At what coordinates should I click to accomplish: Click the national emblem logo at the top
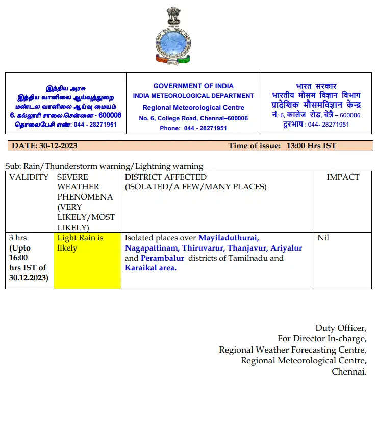point(172,36)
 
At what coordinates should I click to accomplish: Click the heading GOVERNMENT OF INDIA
point(193,86)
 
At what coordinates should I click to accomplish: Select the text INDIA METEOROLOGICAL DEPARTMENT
point(193,96)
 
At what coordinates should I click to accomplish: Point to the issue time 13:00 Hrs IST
point(311,146)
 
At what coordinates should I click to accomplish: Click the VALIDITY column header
point(29,177)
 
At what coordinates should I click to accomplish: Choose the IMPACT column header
point(343,177)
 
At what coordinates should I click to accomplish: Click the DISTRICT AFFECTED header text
point(165,177)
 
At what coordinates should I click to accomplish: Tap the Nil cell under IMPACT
point(323,238)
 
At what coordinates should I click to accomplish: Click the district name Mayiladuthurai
point(229,238)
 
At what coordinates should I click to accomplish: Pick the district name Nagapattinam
point(152,248)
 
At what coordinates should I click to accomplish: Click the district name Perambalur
point(162,258)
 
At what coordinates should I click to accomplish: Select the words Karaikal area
point(150,268)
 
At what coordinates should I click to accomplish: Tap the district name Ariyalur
point(286,248)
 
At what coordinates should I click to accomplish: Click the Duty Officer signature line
point(341,328)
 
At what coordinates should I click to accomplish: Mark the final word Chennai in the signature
point(349,371)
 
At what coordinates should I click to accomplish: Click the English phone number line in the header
point(193,128)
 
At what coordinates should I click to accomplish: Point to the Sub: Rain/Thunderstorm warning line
point(104,166)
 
